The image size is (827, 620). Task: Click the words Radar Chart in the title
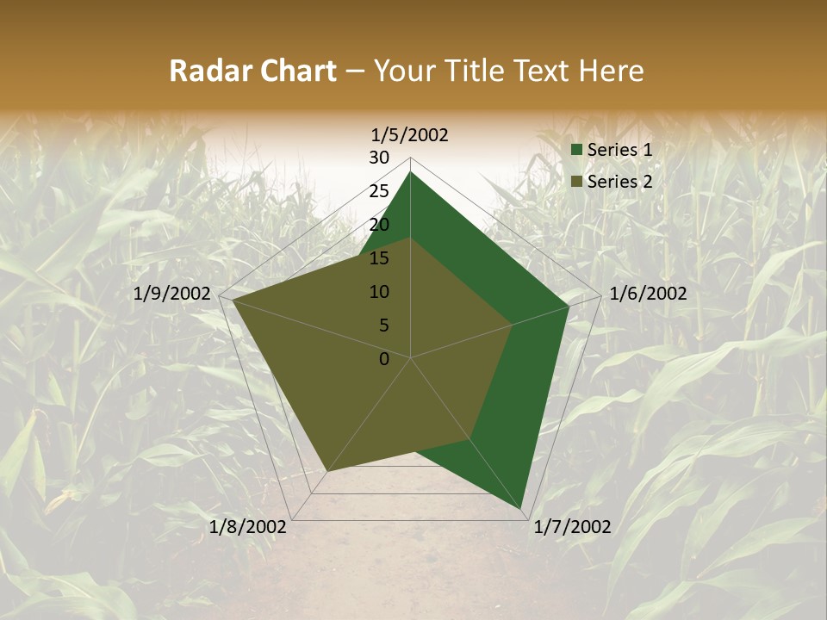point(252,71)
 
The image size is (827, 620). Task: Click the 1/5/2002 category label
point(409,134)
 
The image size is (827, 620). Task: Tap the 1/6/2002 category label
point(648,294)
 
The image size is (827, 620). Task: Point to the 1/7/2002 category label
point(572,527)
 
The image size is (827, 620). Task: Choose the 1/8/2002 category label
point(249,527)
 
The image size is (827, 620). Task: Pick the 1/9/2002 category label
point(172,294)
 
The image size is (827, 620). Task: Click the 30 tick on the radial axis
point(379,158)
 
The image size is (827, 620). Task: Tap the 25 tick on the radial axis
point(379,191)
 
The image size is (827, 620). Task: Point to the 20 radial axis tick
point(379,225)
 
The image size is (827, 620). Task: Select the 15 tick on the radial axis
point(379,258)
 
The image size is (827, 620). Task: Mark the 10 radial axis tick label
point(379,292)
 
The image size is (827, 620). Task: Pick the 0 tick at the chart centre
point(384,359)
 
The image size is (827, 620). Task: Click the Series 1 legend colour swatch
point(576,150)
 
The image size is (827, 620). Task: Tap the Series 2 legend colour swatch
point(576,182)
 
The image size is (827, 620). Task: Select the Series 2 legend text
point(619,182)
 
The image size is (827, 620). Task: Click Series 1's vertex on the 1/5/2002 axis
point(411,171)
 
